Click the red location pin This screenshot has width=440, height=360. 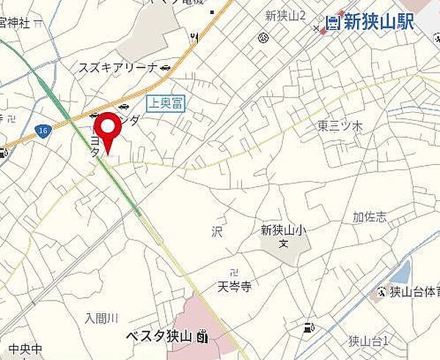click(109, 131)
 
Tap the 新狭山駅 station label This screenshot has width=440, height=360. click(379, 22)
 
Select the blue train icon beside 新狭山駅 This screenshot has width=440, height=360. click(334, 22)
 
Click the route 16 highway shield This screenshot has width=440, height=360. click(44, 129)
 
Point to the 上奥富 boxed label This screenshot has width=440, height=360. click(166, 104)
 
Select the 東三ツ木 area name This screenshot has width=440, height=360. click(340, 126)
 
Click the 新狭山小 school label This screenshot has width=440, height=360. click(283, 229)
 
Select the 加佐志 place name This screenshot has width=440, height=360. click(369, 217)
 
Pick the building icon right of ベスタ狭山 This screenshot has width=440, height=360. click(202, 337)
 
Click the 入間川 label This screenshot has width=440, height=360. click(101, 317)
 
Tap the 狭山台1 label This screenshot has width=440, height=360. click(368, 340)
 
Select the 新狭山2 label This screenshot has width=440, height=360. click(285, 15)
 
